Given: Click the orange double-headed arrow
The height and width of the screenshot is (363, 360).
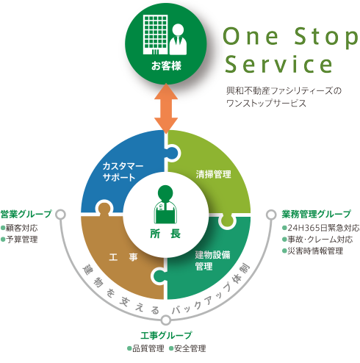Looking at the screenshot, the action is pos(166,108).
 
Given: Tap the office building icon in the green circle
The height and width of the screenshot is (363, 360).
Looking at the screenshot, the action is pos(156,35).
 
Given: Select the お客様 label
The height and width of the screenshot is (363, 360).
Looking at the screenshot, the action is pos(166,66).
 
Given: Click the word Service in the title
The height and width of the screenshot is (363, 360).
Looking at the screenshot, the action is pos(278,64).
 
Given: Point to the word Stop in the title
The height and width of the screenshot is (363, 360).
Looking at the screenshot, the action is pos(326,37).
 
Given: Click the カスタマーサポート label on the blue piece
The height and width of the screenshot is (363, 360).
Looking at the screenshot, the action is pos(123,171).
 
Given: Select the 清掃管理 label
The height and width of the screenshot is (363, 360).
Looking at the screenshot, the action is pos(213,174).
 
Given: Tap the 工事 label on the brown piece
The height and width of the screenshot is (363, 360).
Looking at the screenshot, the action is pos(123,257).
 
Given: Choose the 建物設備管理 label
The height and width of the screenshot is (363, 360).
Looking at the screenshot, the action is pos(212,260).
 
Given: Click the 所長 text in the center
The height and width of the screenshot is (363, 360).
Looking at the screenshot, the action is pos(165,234).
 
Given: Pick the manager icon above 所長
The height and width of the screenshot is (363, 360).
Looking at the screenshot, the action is pos(165,204).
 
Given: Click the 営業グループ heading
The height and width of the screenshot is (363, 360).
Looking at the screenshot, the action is pos(26,214).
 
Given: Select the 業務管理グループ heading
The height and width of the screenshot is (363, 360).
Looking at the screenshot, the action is pos(316,214).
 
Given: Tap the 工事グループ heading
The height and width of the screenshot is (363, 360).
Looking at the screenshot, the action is pos(166,335).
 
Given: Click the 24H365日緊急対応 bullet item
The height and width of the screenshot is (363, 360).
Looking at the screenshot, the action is pos(321,228).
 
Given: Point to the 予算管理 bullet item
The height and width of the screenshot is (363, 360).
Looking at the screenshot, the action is pos(19,240).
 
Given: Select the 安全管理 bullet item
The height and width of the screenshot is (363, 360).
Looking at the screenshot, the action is pos(187,348).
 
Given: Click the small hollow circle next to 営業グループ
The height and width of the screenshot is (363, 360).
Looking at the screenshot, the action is pos(60,215).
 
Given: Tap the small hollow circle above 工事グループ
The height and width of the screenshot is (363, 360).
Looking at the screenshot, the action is pos(166,320).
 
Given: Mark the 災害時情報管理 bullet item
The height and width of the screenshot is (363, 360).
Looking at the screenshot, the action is pos(313,251).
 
